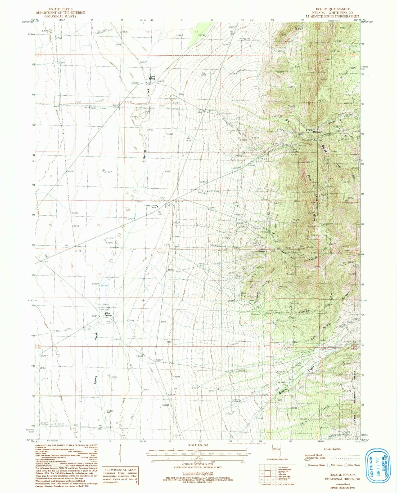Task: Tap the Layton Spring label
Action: point(152,78)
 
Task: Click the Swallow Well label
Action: point(110,412)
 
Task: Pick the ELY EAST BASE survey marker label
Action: point(211,191)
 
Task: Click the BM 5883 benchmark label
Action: point(204,74)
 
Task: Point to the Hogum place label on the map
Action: point(261,251)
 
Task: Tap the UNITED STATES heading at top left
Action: point(60,9)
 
